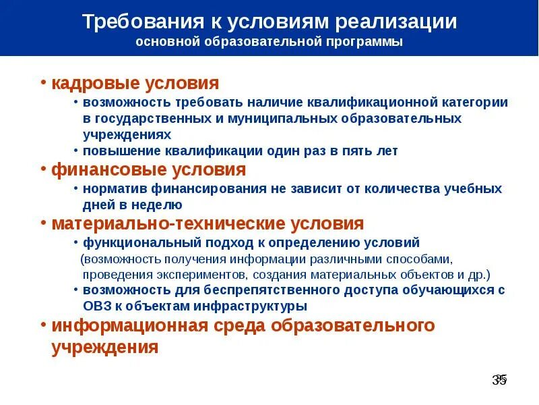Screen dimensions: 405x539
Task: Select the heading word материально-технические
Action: [x=170, y=223]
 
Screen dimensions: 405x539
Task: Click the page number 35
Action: [x=499, y=380]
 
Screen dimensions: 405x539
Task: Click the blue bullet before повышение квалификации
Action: [x=77, y=151]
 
